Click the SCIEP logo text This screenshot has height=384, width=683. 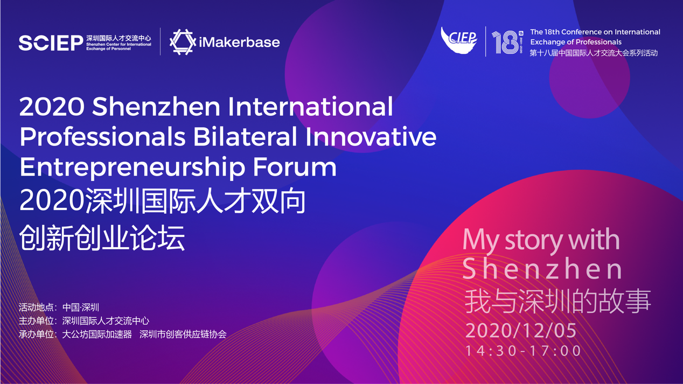[x=51, y=43]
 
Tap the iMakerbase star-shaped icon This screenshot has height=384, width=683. [x=183, y=42]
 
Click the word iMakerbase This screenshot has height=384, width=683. [x=239, y=42]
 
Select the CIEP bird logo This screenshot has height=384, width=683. [x=459, y=40]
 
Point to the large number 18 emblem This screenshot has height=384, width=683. [x=507, y=42]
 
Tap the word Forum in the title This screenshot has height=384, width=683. [x=295, y=167]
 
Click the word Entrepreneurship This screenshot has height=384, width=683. [x=133, y=168]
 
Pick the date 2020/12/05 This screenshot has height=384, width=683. [x=521, y=330]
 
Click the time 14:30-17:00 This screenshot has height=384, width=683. [x=523, y=351]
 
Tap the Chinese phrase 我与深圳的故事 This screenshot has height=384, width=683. [x=557, y=302]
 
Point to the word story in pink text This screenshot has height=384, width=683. [x=533, y=240]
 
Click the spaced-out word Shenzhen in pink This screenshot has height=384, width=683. [x=542, y=269]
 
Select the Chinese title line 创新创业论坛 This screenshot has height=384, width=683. [x=102, y=238]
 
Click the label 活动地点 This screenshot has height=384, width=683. [x=36, y=307]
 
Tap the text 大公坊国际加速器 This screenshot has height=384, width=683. [x=97, y=334]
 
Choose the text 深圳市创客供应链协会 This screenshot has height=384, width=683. [x=183, y=334]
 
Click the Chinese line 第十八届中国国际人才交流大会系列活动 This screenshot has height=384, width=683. [x=594, y=53]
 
